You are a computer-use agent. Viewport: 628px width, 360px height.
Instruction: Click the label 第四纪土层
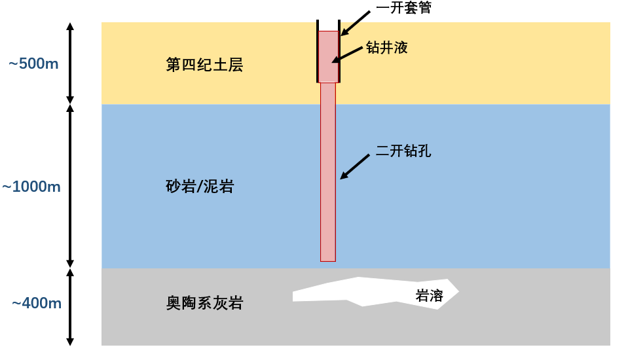204,65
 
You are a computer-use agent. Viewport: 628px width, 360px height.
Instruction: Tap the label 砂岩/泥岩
200,187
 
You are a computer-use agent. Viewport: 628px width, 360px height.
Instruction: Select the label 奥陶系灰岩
204,303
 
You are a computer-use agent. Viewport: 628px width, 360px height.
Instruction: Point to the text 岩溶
430,296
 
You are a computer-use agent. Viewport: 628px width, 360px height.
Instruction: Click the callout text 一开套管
404,8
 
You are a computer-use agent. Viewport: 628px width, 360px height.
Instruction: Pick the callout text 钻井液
387,48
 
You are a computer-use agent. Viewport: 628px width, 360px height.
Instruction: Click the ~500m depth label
33,64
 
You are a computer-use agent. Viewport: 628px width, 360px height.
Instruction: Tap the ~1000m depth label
31,187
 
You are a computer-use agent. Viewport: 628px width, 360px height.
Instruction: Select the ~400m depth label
37,303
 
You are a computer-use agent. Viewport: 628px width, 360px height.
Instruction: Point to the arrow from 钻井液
347,54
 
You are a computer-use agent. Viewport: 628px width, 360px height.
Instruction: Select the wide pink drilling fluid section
328,57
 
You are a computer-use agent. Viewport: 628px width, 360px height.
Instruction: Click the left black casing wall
318,52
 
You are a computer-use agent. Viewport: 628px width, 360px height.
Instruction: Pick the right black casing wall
339,52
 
